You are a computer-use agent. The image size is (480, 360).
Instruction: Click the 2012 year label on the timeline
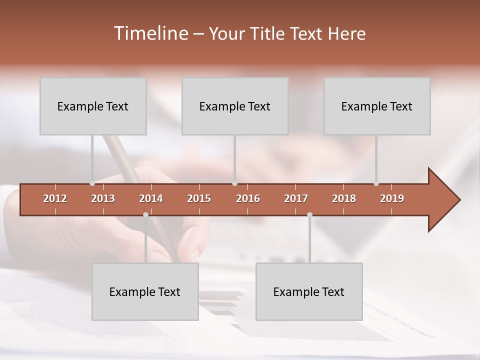[55, 198]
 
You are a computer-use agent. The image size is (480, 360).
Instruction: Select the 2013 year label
[103, 198]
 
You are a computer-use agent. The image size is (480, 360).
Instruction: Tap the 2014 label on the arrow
[151, 198]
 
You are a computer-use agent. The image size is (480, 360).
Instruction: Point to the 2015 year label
[199, 198]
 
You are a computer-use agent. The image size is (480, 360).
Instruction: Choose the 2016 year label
[248, 198]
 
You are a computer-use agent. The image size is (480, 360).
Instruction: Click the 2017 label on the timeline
[296, 198]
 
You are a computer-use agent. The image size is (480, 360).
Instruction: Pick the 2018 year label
[344, 198]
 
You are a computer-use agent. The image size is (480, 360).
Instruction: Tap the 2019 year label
[392, 198]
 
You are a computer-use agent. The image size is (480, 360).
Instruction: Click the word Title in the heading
[267, 33]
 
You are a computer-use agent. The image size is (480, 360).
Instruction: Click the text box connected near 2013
[93, 106]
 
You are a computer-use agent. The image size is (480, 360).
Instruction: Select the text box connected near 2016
[235, 106]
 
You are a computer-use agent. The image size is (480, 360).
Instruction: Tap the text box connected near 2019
[377, 106]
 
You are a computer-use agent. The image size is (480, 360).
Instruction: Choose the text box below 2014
[145, 291]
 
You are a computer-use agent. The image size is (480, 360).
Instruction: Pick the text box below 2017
[309, 291]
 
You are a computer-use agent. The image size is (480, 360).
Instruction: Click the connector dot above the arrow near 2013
[92, 183]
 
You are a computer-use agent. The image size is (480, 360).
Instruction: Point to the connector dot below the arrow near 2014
[145, 214]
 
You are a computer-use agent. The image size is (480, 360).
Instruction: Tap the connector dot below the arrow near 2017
[309, 214]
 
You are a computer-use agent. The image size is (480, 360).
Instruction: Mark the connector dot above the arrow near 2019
[376, 183]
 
